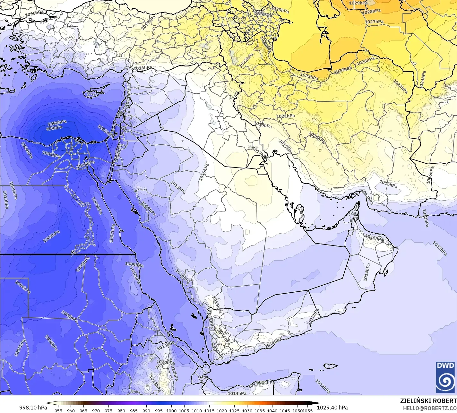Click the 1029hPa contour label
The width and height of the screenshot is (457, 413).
[358, 3]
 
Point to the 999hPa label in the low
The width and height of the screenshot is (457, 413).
[54, 128]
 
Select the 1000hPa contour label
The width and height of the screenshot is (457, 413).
[57, 123]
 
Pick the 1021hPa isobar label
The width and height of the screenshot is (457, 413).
[285, 116]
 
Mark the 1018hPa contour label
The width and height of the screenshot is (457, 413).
[263, 125]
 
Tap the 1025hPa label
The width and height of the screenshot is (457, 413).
[280, 10]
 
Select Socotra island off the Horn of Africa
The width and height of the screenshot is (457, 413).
[330, 366]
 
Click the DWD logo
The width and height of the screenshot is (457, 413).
[445, 377]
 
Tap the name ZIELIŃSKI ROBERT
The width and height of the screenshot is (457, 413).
[428, 401]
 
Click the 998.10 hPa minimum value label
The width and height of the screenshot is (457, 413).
[33, 408]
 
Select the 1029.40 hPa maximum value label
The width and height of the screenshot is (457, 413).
[332, 408]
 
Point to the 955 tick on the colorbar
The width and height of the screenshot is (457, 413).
[58, 410]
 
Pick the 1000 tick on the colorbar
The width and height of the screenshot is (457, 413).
[171, 410]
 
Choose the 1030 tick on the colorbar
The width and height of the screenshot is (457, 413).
[247, 410]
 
